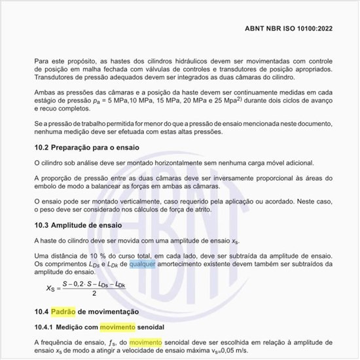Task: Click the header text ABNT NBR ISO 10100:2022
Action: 289,29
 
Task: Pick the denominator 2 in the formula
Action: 95,293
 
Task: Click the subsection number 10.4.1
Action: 45,327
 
